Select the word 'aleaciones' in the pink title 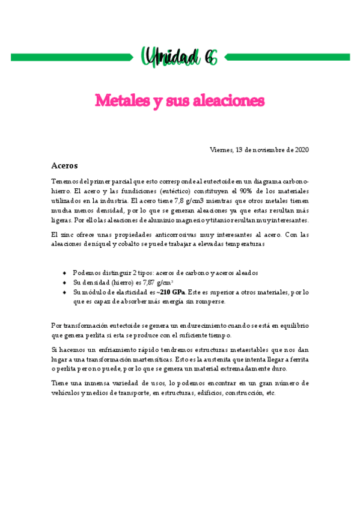click(x=231, y=99)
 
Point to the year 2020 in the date click(x=301, y=149)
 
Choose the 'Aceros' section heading click(x=65, y=165)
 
